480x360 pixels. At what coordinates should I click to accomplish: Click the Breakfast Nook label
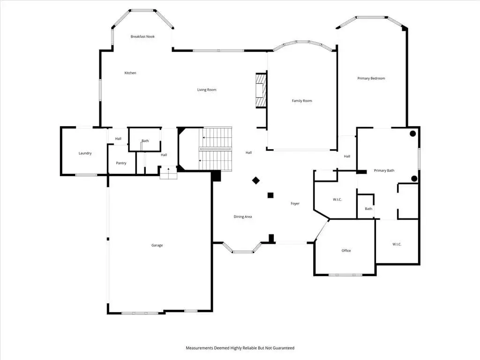(x=142, y=37)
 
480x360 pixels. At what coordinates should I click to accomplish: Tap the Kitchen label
(x=130, y=73)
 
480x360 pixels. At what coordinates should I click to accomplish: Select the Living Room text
(x=207, y=90)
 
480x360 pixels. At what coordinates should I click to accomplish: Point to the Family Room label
(x=302, y=101)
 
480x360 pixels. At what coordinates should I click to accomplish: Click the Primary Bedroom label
(x=371, y=78)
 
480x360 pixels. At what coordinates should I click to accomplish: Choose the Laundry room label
(x=85, y=153)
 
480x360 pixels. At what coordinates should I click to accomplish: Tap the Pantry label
(x=121, y=163)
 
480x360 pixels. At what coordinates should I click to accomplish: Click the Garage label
(x=157, y=245)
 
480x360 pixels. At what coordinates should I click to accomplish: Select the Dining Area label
(x=243, y=217)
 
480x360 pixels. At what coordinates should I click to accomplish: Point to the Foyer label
(x=295, y=203)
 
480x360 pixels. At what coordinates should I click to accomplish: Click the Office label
(x=346, y=250)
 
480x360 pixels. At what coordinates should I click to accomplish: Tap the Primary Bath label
(x=384, y=171)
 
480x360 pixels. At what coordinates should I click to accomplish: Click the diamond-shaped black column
(x=256, y=180)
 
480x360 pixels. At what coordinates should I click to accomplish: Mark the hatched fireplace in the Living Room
(x=261, y=90)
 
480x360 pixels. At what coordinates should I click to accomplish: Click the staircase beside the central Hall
(x=216, y=149)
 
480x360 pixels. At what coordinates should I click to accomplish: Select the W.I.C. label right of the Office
(x=397, y=244)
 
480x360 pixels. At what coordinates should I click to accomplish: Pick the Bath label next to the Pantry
(x=145, y=141)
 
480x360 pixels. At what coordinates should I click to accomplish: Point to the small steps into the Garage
(x=168, y=173)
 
